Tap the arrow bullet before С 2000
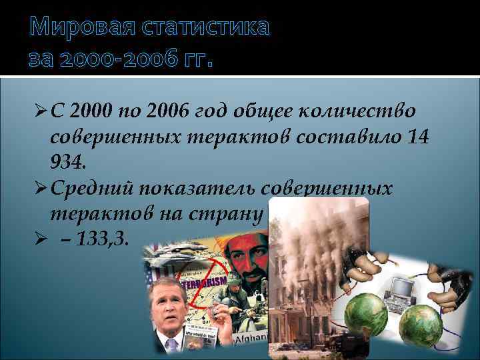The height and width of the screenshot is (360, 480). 39,111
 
